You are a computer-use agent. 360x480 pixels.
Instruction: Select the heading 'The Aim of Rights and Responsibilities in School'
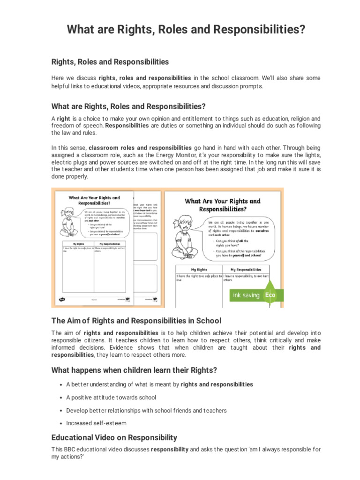[136, 321]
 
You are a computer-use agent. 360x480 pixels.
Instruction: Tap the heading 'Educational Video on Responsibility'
[114, 437]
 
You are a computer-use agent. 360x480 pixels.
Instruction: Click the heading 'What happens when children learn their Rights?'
[134, 370]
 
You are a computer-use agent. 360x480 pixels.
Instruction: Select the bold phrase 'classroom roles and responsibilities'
[140, 147]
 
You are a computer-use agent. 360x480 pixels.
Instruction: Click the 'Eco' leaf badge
[270, 295]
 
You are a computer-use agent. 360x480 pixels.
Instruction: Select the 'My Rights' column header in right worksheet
[199, 270]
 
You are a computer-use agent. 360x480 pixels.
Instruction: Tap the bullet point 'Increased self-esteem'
[96, 423]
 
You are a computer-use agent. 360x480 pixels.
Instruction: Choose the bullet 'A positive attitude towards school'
[111, 397]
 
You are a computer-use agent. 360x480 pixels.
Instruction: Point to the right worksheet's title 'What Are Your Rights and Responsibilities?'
[223, 205]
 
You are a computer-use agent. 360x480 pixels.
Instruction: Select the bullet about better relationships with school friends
[146, 410]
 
